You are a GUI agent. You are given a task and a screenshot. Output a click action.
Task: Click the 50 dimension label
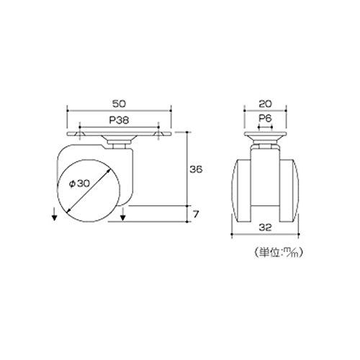(119, 104)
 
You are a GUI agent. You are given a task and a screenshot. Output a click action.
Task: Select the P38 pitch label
(119, 120)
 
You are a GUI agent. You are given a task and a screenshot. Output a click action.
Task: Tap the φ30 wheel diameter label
(79, 184)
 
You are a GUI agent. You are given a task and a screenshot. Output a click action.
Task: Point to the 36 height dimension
(196, 169)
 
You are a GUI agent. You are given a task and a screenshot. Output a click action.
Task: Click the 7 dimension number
(196, 214)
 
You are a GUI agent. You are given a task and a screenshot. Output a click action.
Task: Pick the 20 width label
(266, 104)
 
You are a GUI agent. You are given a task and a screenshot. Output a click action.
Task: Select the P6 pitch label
(265, 118)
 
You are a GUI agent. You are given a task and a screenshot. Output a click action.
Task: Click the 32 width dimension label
(265, 228)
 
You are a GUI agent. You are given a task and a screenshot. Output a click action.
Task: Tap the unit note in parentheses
(278, 252)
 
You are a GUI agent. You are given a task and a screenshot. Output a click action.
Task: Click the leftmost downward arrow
(55, 215)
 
